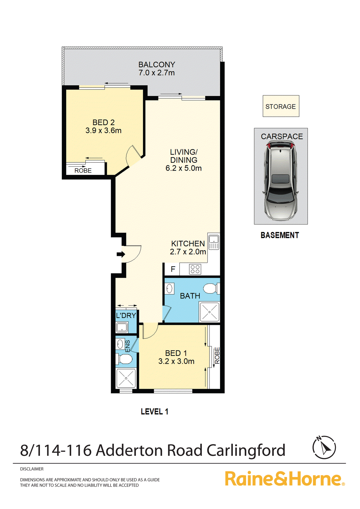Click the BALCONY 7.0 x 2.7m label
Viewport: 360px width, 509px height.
pyautogui.click(x=157, y=69)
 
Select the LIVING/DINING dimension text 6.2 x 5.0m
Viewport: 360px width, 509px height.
pyautogui.click(x=183, y=168)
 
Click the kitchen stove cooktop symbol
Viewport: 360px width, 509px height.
pyautogui.click(x=195, y=269)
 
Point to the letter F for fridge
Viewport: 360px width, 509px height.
pyautogui.click(x=173, y=269)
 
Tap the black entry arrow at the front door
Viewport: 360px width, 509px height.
pyautogui.click(x=121, y=254)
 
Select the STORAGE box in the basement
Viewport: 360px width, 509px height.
pyautogui.click(x=281, y=106)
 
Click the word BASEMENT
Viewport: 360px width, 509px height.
pyautogui.click(x=280, y=235)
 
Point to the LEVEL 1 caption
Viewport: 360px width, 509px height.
pyautogui.click(x=154, y=412)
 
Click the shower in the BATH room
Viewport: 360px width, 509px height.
pyautogui.click(x=210, y=312)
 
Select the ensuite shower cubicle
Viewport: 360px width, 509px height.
pyautogui.click(x=126, y=378)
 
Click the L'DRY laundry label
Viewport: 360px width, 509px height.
pyautogui.click(x=126, y=316)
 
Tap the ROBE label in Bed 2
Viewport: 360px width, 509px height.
pyautogui.click(x=83, y=171)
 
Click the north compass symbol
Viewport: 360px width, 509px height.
pyautogui.click(x=324, y=447)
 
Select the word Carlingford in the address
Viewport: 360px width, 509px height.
pyautogui.click(x=246, y=450)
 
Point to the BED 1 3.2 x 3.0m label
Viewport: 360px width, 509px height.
pyautogui.click(x=176, y=357)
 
